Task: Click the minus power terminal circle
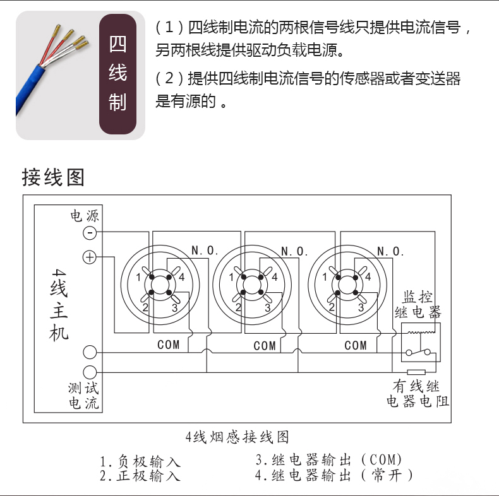[x=90, y=233]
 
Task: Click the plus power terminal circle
[x=90, y=257]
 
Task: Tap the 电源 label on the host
[x=85, y=216]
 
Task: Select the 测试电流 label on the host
[x=84, y=396]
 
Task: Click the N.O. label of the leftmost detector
[x=205, y=251]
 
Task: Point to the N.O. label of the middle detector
[x=294, y=252]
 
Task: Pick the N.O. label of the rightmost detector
[x=390, y=252]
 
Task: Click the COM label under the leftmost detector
[x=169, y=345]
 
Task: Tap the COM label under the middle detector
[x=265, y=346]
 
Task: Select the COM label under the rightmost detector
[x=356, y=345]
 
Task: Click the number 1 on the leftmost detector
[x=138, y=278]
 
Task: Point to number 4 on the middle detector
[x=274, y=277]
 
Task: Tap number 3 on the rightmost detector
[x=361, y=307]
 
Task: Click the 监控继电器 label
[x=418, y=305]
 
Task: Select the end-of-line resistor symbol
[x=416, y=372]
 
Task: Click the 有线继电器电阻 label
[x=418, y=394]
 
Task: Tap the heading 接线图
[x=53, y=177]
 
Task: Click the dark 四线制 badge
[x=117, y=74]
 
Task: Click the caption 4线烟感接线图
[x=237, y=437]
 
